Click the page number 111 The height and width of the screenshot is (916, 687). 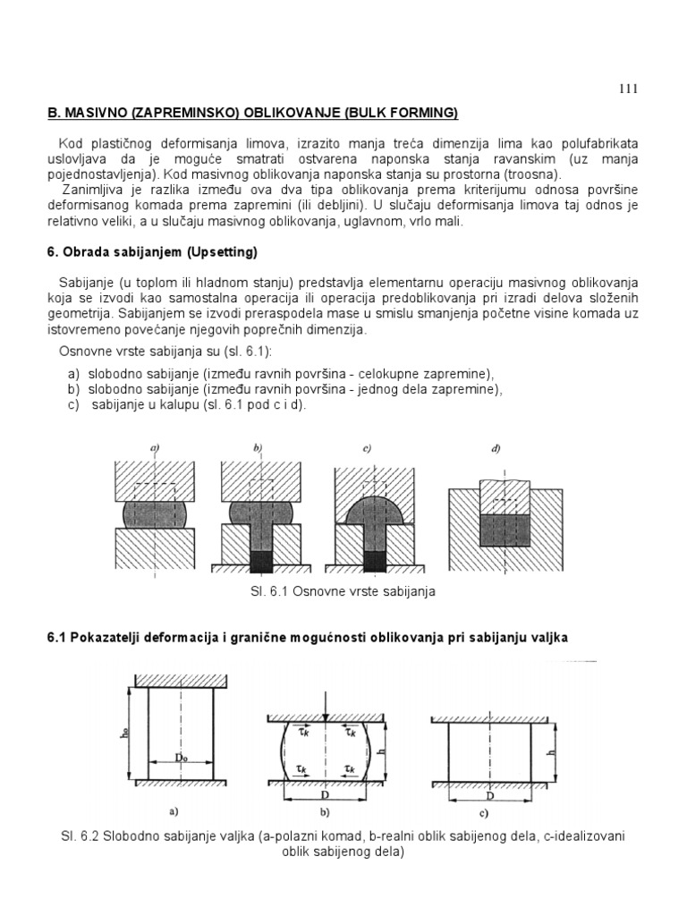tap(627, 88)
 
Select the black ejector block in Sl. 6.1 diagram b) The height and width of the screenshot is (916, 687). tap(261, 561)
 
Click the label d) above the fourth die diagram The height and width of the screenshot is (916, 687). tap(495, 449)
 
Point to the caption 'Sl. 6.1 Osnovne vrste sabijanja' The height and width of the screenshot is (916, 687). tap(343, 591)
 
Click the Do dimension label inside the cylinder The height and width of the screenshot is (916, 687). tap(179, 757)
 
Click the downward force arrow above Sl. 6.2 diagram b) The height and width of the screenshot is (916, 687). tap(328, 706)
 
